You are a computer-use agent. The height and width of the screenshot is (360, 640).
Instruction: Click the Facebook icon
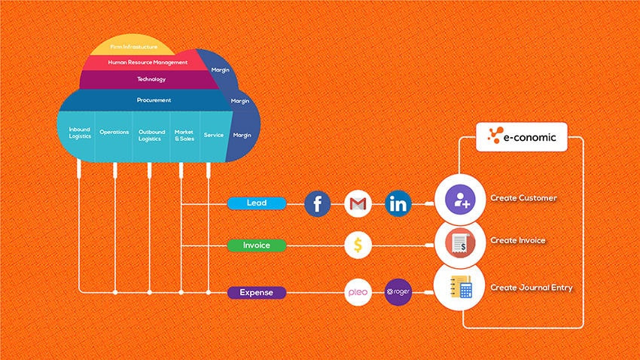318,203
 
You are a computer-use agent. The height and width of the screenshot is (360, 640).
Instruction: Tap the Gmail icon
358,203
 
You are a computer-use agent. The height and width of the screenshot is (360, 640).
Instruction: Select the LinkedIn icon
398,203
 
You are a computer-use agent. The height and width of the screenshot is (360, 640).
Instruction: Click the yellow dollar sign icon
358,245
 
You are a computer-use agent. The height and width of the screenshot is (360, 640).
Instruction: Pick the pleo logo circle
358,292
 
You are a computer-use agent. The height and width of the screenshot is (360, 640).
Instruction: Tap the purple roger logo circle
398,292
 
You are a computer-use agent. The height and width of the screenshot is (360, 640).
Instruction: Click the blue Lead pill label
257,203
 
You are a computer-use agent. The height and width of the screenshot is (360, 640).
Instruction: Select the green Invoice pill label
257,245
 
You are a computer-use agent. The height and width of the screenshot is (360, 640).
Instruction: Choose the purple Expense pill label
257,292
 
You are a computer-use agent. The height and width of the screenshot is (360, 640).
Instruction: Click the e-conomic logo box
521,137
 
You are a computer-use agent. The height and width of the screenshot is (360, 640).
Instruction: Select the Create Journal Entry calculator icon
459,287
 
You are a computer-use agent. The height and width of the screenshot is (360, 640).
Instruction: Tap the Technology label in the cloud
151,79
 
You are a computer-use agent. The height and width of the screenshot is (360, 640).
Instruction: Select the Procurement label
154,100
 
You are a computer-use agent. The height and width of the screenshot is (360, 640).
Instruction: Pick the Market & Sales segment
184,134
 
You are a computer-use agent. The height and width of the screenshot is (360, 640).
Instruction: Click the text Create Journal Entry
532,288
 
